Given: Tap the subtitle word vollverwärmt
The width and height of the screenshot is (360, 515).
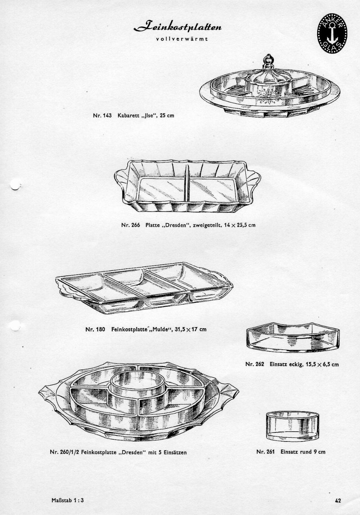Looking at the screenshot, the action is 182,39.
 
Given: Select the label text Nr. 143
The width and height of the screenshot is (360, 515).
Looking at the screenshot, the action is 102,115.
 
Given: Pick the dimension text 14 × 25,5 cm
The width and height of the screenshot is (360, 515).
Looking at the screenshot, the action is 240,225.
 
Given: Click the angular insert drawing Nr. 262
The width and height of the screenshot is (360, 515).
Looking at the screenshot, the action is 293,337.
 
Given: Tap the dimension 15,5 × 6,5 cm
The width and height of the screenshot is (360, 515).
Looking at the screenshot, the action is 322,364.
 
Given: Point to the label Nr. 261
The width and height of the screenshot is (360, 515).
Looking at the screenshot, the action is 265,452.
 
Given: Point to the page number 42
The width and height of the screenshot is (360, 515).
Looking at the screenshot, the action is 338,499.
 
